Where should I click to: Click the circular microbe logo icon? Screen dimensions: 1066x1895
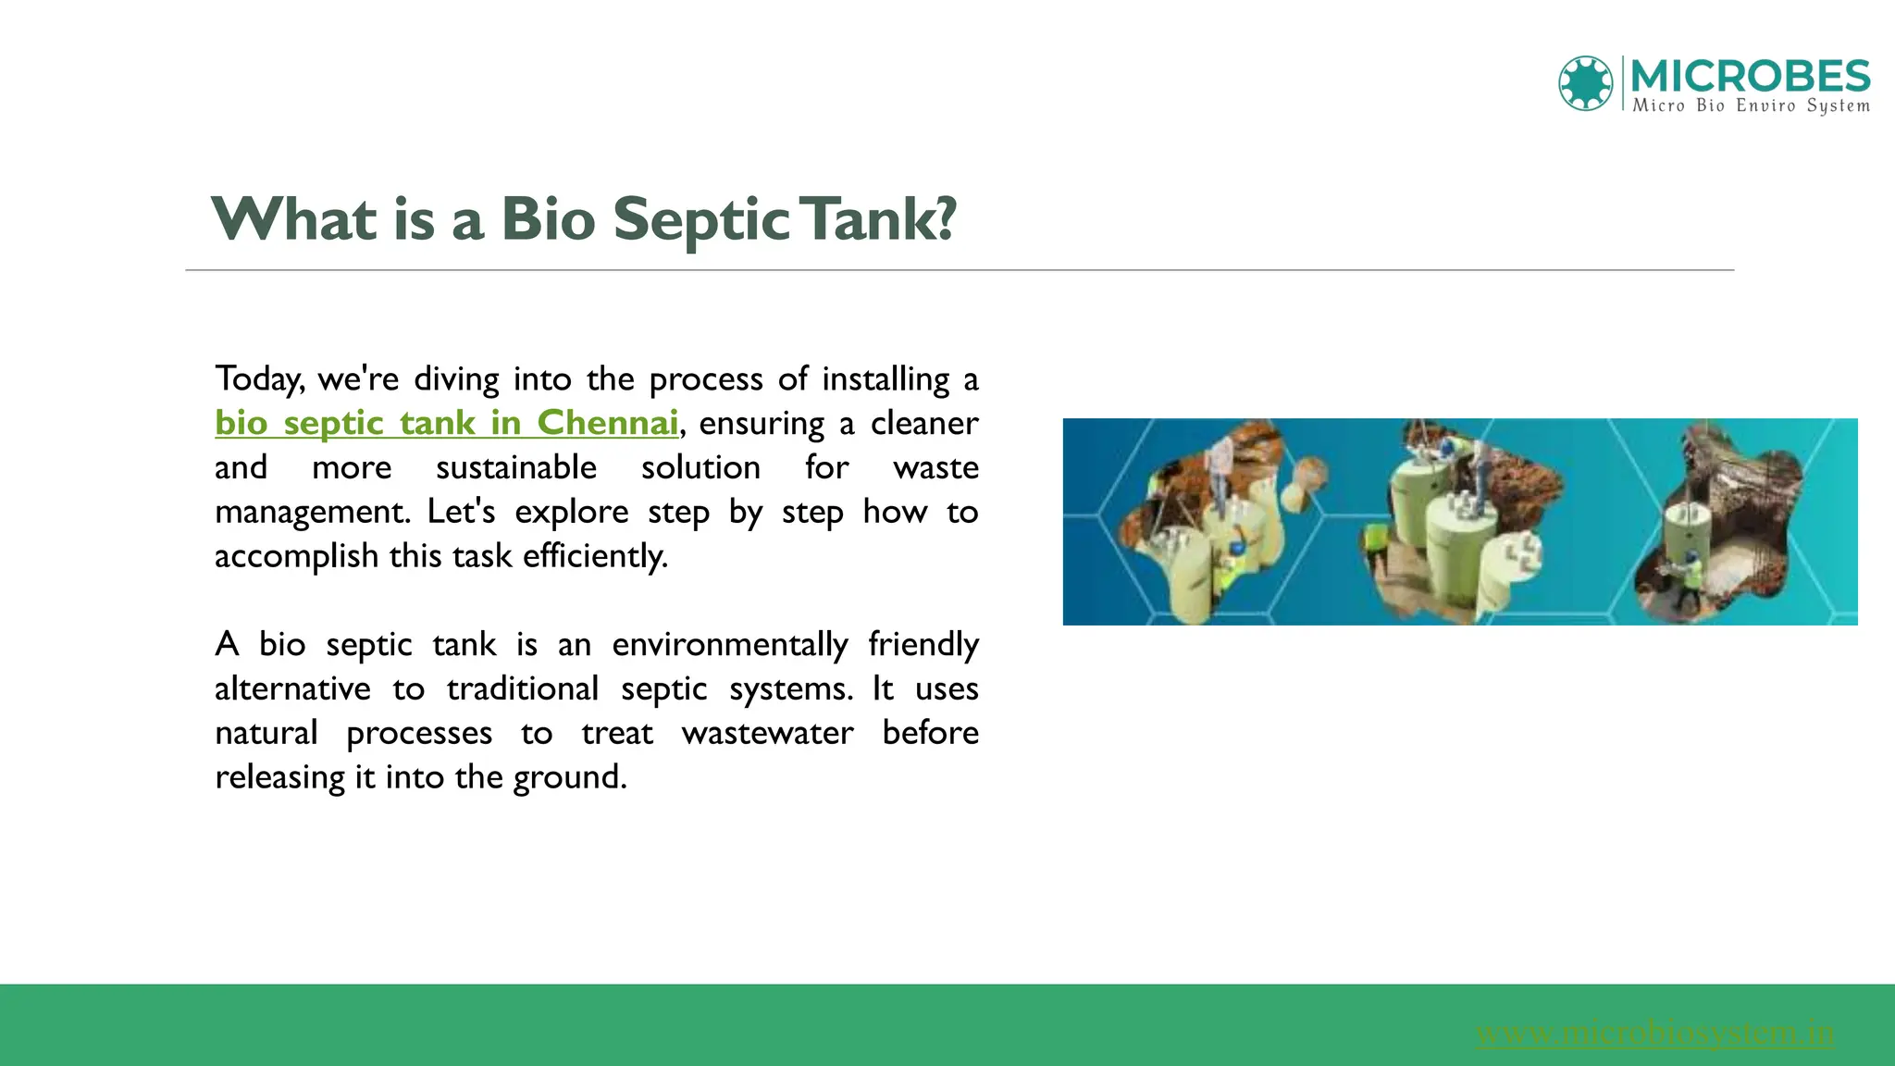click(x=1585, y=83)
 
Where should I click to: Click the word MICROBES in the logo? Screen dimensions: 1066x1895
click(x=1750, y=75)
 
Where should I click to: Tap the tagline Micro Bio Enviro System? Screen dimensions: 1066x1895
click(x=1751, y=105)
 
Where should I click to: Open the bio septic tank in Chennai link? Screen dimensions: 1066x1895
click(x=446, y=423)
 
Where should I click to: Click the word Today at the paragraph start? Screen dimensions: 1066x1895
click(x=258, y=379)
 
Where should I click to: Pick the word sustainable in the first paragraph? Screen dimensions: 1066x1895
click(x=515, y=467)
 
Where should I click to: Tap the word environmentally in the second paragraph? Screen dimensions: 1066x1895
click(x=729, y=644)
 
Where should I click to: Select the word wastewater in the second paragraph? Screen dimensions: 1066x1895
click(x=767, y=733)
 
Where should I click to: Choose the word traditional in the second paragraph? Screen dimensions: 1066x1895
click(x=523, y=688)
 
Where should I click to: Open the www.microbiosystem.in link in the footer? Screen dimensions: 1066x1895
click(x=1654, y=1032)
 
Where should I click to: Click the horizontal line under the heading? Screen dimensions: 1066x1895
click(x=959, y=270)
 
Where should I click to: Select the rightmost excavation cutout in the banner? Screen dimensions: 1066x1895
click(x=1716, y=523)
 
